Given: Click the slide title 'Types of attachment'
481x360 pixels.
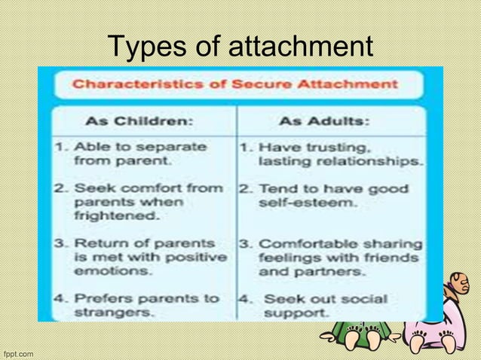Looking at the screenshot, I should coord(240,47).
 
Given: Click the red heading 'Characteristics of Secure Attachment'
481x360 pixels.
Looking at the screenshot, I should coord(234,84).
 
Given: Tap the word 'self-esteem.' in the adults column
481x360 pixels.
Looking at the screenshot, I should coord(296,203).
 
